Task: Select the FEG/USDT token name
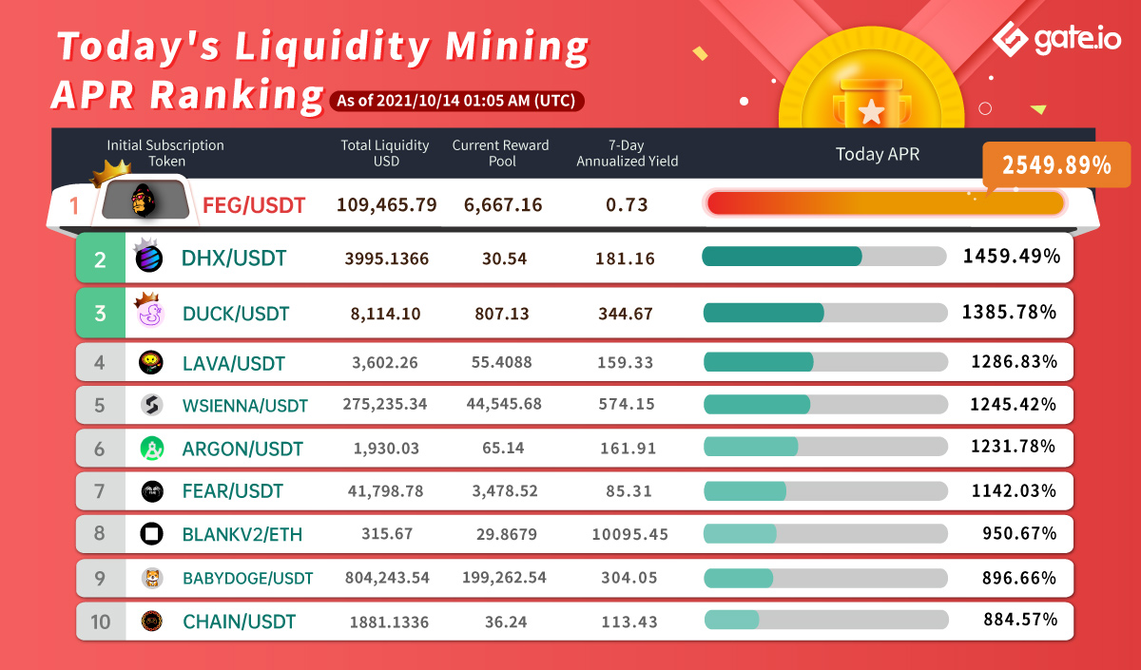(x=254, y=204)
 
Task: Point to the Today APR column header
(x=877, y=154)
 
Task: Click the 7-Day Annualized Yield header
(x=627, y=153)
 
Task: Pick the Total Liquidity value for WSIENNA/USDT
(x=385, y=404)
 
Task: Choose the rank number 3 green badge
(x=101, y=313)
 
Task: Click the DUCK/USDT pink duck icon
(x=150, y=313)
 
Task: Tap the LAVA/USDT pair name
(x=233, y=363)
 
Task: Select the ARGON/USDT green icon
(x=150, y=448)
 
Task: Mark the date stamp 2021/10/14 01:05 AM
(x=455, y=100)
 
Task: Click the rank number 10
(x=100, y=622)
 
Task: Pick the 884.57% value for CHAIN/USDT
(x=1019, y=620)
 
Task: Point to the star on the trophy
(x=871, y=114)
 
